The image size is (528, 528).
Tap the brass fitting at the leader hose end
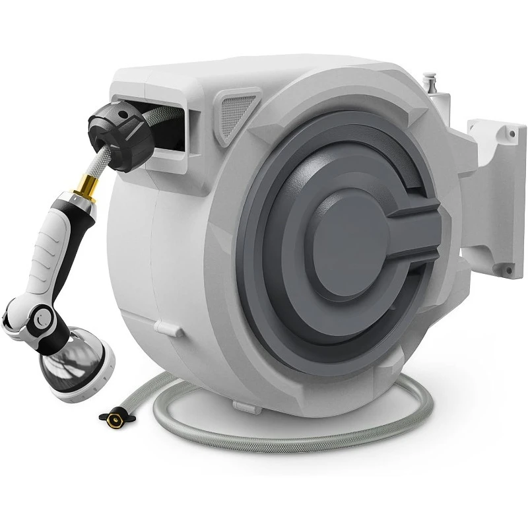click(x=109, y=416)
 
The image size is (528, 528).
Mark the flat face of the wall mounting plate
click(x=495, y=198)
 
